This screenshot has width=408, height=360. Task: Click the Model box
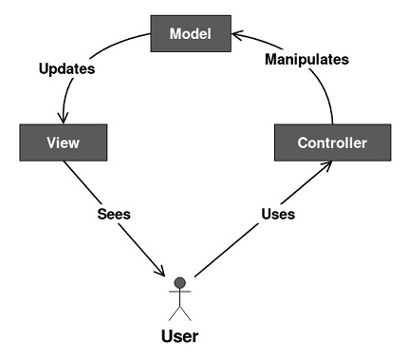click(191, 33)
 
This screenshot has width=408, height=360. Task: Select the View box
click(64, 142)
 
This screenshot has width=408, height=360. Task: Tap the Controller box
click(333, 142)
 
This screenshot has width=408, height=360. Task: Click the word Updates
click(66, 68)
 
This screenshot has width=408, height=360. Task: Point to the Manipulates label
click(306, 59)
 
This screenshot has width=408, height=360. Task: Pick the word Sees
click(114, 214)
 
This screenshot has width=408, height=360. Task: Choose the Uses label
click(278, 214)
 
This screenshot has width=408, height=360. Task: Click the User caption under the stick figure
click(180, 336)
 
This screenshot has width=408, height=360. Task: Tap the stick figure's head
click(180, 283)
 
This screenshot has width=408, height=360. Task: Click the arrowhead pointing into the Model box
click(237, 34)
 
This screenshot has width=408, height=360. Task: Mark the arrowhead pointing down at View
click(63, 118)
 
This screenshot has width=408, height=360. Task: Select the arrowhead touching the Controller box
click(325, 165)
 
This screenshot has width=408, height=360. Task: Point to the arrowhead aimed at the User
click(160, 271)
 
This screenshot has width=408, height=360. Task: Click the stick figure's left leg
click(175, 313)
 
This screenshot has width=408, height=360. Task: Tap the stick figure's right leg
click(186, 313)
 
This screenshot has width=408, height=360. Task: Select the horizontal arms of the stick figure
click(180, 292)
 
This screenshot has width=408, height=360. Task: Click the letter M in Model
click(176, 34)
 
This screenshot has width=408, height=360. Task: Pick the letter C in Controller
click(303, 142)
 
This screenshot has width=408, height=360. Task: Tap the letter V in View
click(52, 142)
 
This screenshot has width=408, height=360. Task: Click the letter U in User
click(167, 336)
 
